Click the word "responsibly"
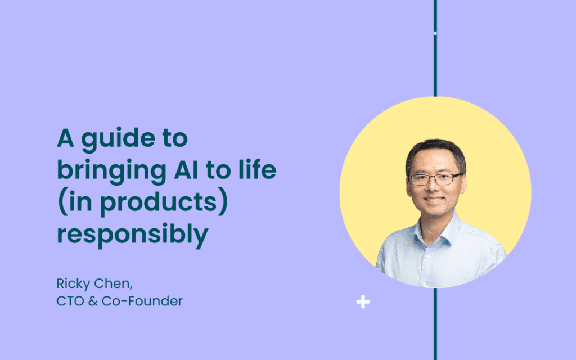coord(133,235)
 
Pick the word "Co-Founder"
coord(142,301)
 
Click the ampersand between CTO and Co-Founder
coord(93,301)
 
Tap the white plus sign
coord(363,301)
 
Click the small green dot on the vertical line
coord(435,33)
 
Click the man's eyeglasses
coord(435,179)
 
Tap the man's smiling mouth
coord(434,200)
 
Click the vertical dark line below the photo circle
coord(435,323)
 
